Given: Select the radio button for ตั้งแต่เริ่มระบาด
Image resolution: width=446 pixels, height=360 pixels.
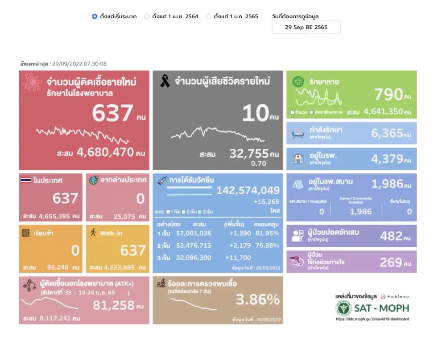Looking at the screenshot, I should tap(95, 16).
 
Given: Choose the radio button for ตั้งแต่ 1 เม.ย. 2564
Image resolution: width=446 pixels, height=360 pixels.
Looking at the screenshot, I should tap(147, 16).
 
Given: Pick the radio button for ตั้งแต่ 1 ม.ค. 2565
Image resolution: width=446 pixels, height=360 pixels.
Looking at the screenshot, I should tap(208, 16).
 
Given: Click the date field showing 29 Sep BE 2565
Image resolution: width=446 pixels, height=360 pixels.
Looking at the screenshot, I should tap(306, 27).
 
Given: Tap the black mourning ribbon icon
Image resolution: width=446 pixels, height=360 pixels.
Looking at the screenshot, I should tap(165, 81).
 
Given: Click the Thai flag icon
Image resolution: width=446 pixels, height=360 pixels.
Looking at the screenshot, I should tap(26, 180).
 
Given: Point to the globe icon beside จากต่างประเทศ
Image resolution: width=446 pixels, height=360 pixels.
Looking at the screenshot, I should tap(94, 180).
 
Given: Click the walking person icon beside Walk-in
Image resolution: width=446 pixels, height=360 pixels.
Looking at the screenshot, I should tap(93, 233).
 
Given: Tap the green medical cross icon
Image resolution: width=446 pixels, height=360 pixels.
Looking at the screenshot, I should tap(298, 82).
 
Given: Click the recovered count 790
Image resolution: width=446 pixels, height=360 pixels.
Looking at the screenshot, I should tap(388, 94).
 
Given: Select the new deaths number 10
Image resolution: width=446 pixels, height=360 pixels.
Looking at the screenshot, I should tap(255, 113).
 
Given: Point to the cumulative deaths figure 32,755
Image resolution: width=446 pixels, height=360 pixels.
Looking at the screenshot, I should tap(249, 154).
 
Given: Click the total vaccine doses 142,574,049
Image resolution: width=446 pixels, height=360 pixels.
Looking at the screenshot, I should tap(248, 191).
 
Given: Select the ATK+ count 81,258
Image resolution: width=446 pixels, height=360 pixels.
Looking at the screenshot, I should tap(114, 305).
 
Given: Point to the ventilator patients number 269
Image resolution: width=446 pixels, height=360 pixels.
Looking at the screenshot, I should tap(391, 262).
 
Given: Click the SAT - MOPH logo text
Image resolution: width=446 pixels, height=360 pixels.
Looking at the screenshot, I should tap(381, 308).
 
